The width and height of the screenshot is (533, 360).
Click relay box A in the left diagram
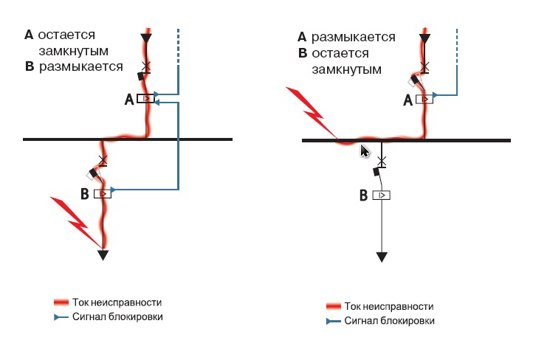[146, 99]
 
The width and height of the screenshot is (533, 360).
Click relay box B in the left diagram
[103, 193]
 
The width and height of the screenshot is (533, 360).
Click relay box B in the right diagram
[381, 195]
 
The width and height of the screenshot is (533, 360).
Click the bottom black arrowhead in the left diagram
[103, 255]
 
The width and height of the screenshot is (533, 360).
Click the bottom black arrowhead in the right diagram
[381, 257]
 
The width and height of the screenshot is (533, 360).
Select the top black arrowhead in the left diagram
[146, 38]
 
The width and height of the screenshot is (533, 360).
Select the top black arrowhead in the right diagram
[424, 38]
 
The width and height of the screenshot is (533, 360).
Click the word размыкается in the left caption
[81, 66]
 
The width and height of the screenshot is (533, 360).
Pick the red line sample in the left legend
[61, 302]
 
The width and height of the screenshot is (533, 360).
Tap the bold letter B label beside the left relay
[84, 194]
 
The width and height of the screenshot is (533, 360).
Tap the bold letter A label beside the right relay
[407, 102]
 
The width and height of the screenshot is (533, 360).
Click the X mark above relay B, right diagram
[381, 160]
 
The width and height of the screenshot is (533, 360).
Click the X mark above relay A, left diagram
[146, 66]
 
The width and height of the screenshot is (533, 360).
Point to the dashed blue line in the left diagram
[178, 46]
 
